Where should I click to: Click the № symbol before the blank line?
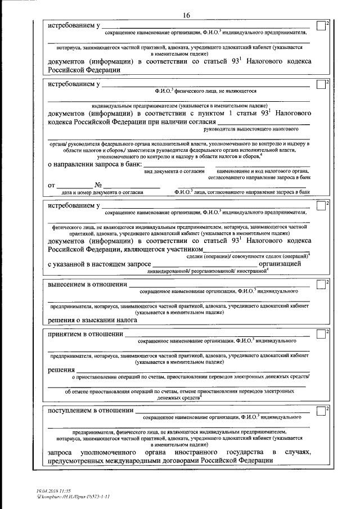97,185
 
